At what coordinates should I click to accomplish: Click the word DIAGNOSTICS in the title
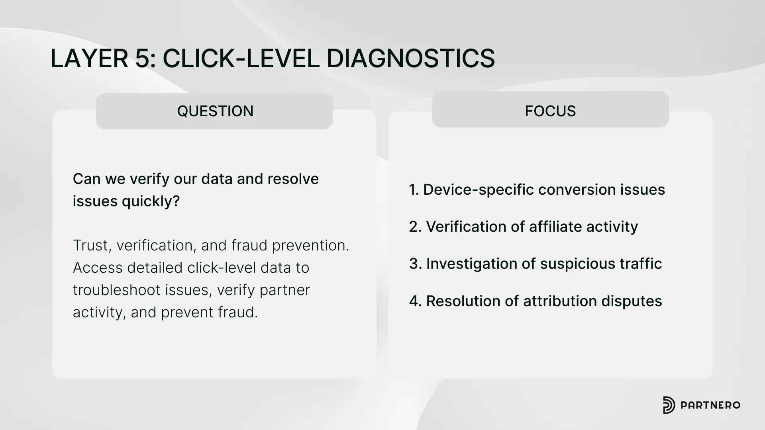(x=410, y=58)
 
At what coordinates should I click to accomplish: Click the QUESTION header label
(x=215, y=111)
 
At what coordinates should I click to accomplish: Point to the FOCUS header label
(x=550, y=111)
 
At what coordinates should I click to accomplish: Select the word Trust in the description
(x=92, y=245)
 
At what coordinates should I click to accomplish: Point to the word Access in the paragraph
(x=98, y=268)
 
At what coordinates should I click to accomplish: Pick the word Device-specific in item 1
(x=478, y=190)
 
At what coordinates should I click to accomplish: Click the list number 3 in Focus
(x=415, y=264)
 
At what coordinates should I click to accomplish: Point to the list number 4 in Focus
(x=415, y=301)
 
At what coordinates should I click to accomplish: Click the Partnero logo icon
(x=669, y=405)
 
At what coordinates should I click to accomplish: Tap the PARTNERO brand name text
(x=710, y=405)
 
